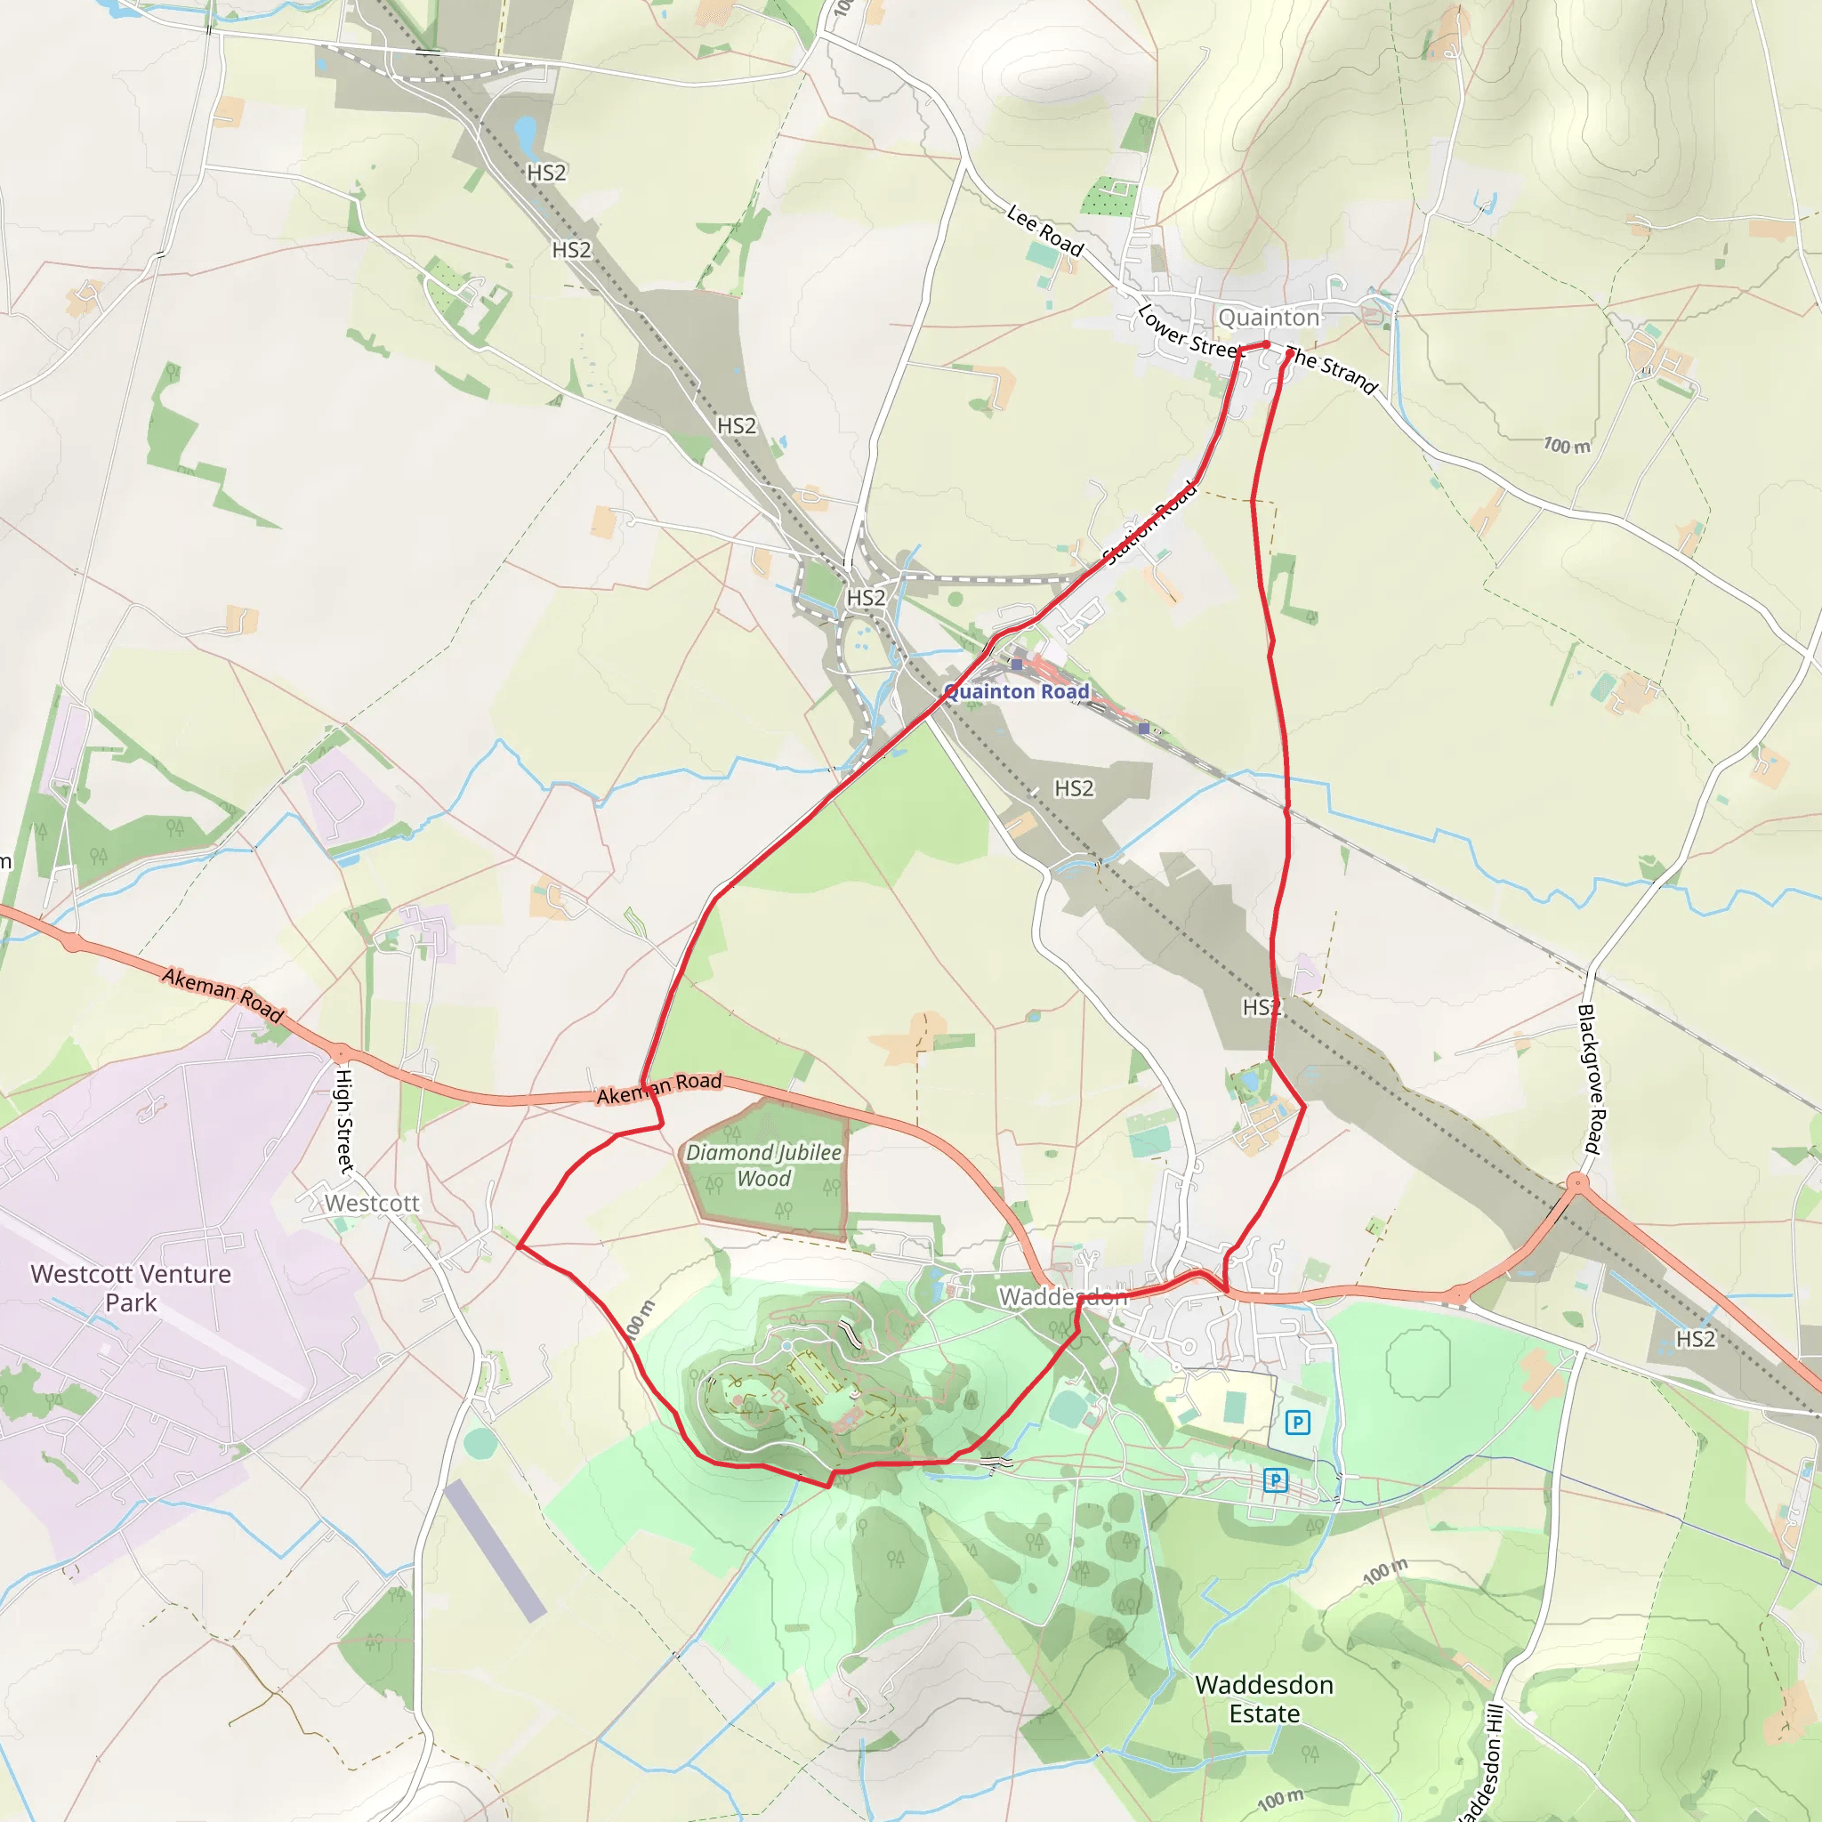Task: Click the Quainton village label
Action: click(1269, 318)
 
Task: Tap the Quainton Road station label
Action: click(1017, 691)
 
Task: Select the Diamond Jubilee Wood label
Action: click(764, 1165)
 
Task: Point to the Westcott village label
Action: click(372, 1204)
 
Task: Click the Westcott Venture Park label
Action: click(131, 1288)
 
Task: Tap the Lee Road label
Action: click(1045, 230)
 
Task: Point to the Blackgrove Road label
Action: click(1590, 1079)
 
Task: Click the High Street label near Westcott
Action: click(345, 1120)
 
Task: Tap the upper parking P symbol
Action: click(1298, 1423)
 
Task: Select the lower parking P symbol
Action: click(1275, 1479)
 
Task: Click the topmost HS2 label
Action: click(546, 173)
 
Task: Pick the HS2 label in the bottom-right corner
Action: click(1695, 1339)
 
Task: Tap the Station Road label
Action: click(1150, 523)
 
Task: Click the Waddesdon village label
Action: click(1063, 1298)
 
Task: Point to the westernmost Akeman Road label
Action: click(222, 994)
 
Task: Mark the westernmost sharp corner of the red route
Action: click(519, 1246)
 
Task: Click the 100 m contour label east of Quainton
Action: click(1567, 445)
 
